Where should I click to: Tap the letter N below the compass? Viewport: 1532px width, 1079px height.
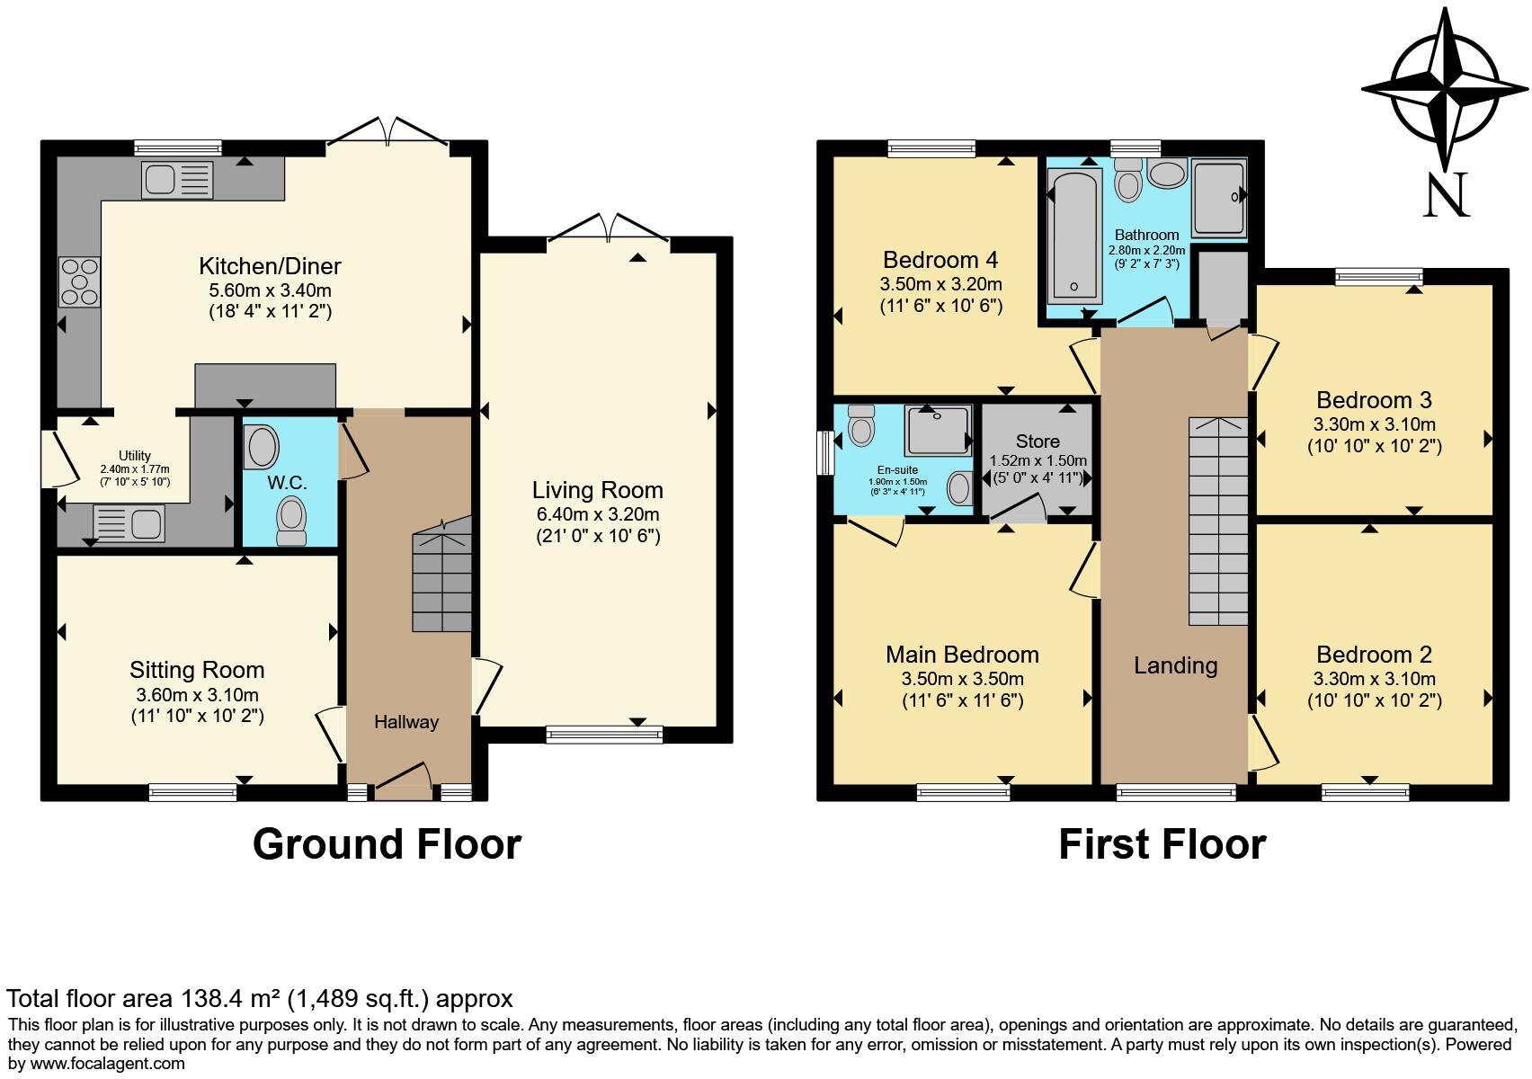pyautogui.click(x=1446, y=195)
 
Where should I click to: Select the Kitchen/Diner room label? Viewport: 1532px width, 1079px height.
pyautogui.click(x=270, y=266)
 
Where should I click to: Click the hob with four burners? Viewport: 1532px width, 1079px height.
pyautogui.click(x=79, y=281)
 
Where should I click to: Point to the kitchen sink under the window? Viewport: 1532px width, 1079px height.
pyautogui.click(x=177, y=179)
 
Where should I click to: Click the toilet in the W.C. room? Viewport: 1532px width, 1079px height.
pyautogui.click(x=290, y=522)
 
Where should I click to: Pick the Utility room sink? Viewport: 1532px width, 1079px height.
pyautogui.click(x=129, y=522)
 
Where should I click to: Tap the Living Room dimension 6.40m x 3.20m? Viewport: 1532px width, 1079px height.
pyautogui.click(x=597, y=514)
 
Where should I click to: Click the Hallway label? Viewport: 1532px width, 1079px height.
pyautogui.click(x=406, y=722)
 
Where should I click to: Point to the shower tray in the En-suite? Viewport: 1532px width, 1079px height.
pyautogui.click(x=938, y=430)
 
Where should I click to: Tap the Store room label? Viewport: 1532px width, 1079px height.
pyautogui.click(x=1038, y=441)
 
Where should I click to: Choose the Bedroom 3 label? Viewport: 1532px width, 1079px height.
pyautogui.click(x=1374, y=400)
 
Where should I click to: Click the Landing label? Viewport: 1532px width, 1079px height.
pyautogui.click(x=1175, y=665)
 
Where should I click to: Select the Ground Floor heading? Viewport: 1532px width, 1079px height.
pyautogui.click(x=387, y=844)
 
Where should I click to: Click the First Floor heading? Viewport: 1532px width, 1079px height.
pyautogui.click(x=1162, y=844)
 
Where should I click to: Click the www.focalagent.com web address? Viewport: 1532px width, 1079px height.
pyautogui.click(x=96, y=1063)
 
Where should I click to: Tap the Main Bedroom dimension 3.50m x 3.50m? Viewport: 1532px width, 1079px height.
pyautogui.click(x=962, y=679)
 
